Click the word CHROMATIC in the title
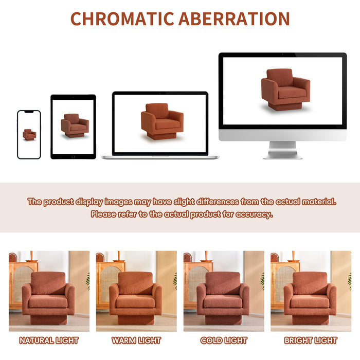point(122,19)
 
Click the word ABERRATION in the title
point(234,19)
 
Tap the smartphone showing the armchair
point(29,135)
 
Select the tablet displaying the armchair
point(73,127)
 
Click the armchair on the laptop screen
point(162,121)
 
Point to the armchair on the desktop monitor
point(285,88)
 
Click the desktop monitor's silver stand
point(283,150)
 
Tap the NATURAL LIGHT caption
point(49,340)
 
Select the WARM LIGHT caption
point(136,340)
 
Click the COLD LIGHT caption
point(224,340)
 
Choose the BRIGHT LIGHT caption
point(311,340)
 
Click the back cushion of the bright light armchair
point(310,283)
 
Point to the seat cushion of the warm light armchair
point(135,301)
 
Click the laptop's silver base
point(160,157)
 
